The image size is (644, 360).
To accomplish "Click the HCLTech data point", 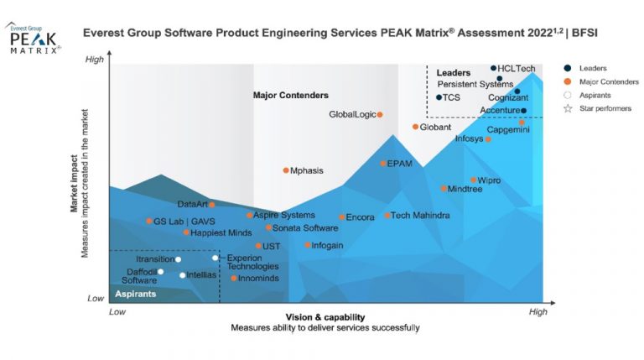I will [x=493, y=68].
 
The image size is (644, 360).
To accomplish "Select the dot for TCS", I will [x=439, y=97].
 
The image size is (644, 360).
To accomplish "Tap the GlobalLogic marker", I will [x=380, y=114].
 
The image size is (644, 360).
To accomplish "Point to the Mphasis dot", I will [x=285, y=170].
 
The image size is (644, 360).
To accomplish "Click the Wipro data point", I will [x=473, y=180].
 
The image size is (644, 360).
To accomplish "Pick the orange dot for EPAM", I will [x=383, y=164].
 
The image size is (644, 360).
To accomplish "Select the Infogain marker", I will [x=307, y=245].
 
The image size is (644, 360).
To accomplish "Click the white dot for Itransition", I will [x=178, y=259].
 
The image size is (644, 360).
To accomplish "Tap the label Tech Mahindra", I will [x=420, y=216].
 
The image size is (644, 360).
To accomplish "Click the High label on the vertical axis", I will [x=95, y=60].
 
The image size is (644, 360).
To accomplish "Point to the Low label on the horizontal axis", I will [x=117, y=311].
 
